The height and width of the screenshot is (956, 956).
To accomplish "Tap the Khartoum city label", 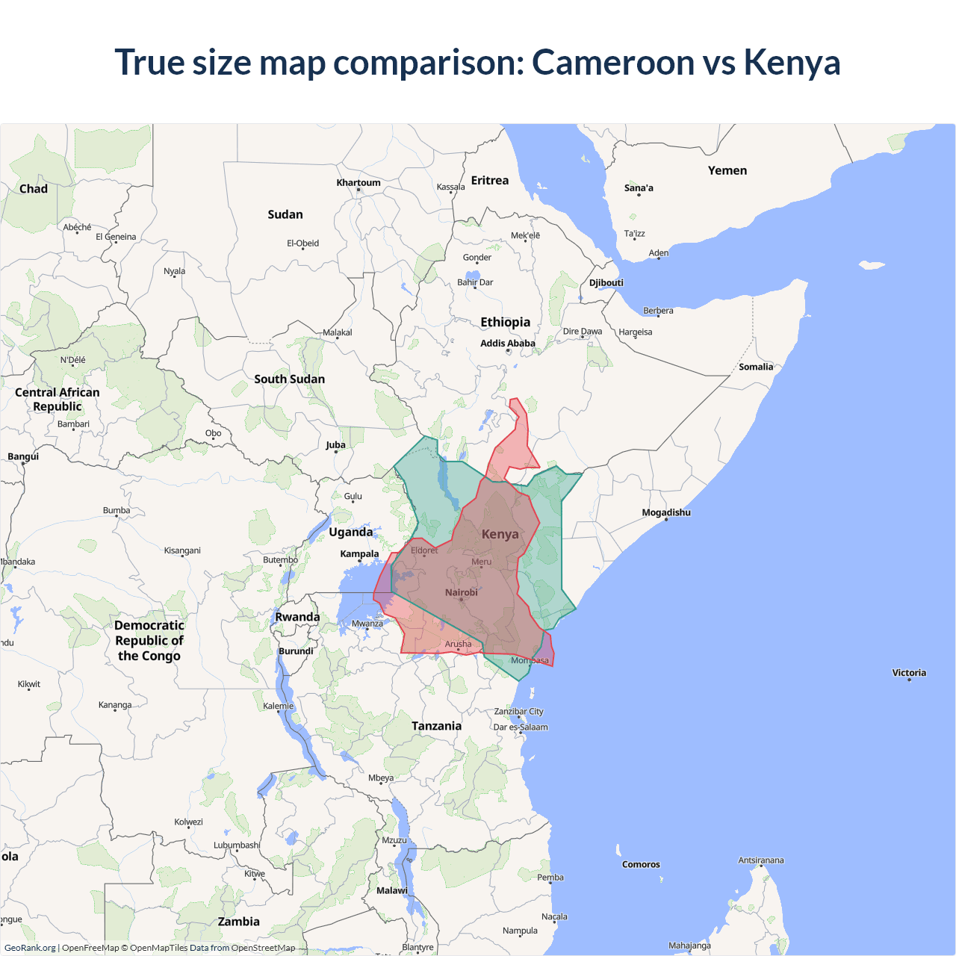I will [x=358, y=182].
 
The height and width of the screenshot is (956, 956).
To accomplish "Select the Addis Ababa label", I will [x=508, y=344].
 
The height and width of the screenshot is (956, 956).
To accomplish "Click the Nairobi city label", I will [x=462, y=592].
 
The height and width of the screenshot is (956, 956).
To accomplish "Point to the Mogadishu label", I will [x=666, y=512].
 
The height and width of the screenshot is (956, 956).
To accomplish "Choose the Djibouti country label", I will [x=606, y=282].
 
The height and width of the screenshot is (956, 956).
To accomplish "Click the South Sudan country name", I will [x=290, y=379].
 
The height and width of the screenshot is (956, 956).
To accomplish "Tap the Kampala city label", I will [x=359, y=554].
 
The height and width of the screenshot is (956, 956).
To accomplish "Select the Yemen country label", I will [x=727, y=171].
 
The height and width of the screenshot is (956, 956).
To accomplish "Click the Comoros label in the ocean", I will [x=641, y=864].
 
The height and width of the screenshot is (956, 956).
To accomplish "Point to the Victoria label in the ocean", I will [x=909, y=673].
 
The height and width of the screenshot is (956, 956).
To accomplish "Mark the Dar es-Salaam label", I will [x=521, y=727].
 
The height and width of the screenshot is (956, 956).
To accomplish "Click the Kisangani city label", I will [x=182, y=550].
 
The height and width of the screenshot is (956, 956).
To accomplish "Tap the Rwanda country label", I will [x=297, y=617].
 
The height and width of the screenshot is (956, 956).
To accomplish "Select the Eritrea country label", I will [x=490, y=181].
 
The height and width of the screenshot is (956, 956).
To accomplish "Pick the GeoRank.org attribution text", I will [x=30, y=948].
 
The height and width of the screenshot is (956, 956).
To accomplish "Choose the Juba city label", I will [x=335, y=445].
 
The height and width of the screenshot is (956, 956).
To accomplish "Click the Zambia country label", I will [x=239, y=922].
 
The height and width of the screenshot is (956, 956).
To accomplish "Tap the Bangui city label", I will [x=23, y=456].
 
